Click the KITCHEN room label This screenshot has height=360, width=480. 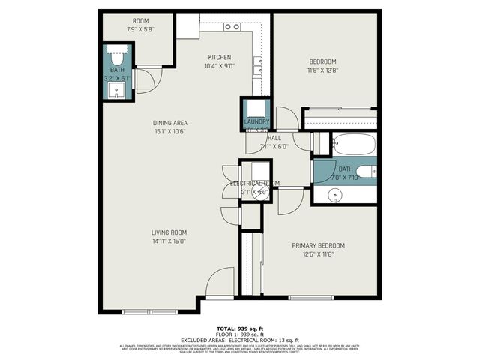(220, 57)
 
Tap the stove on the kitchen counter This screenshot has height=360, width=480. (232, 27)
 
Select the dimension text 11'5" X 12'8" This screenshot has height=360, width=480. (323, 70)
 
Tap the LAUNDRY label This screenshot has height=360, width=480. (256, 122)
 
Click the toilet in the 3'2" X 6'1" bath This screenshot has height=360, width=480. (118, 58)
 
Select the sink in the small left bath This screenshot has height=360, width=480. (117, 90)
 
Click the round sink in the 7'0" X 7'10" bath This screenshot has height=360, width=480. (335, 195)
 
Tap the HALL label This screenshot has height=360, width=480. (274, 138)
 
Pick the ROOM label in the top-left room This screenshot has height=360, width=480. (141, 21)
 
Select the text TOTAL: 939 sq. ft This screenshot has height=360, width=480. (240, 328)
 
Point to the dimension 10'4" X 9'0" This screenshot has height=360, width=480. (220, 66)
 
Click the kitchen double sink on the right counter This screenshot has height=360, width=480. (258, 67)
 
